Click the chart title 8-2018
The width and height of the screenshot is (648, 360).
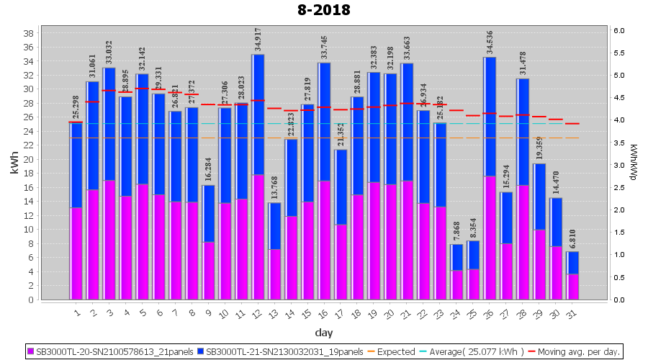tap(323, 10)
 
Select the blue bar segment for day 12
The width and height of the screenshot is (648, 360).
tap(258, 114)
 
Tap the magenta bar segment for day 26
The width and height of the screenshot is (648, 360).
tap(490, 238)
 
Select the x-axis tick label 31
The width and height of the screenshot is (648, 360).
tap(571, 312)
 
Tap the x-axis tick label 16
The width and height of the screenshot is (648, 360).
tap(323, 312)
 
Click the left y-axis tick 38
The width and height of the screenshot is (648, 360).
tap(28, 34)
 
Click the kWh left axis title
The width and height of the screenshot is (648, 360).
tap(14, 166)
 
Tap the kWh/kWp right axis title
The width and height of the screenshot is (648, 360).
tap(633, 166)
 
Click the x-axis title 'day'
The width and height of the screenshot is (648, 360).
tap(323, 332)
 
